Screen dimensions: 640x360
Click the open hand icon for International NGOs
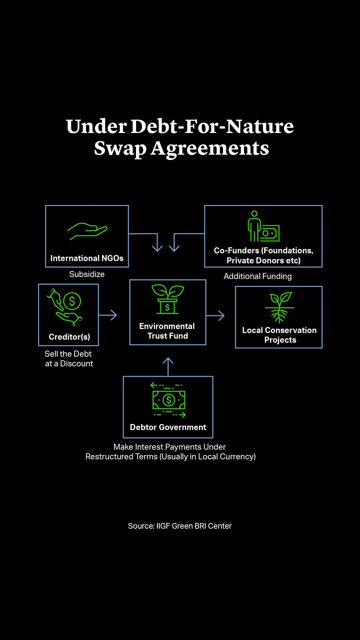[x=87, y=231]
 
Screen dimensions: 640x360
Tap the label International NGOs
[x=87, y=258]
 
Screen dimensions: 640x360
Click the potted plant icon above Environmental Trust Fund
[x=168, y=299]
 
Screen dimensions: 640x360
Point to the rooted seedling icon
[x=279, y=307]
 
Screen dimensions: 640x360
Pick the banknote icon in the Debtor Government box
[x=168, y=400]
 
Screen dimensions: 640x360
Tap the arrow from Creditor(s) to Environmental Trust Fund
[x=108, y=315]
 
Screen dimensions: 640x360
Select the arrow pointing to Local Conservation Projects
[x=216, y=316]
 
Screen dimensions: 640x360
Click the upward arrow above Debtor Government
[x=168, y=366]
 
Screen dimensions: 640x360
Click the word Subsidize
[x=87, y=274]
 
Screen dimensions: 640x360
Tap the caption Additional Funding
[x=258, y=276]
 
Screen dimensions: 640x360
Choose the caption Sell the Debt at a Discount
[x=69, y=359]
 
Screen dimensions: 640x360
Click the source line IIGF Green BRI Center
[x=180, y=526]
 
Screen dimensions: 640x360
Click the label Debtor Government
[x=168, y=427]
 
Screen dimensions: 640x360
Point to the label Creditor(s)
[x=69, y=337]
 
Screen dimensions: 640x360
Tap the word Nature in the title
[x=260, y=126]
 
